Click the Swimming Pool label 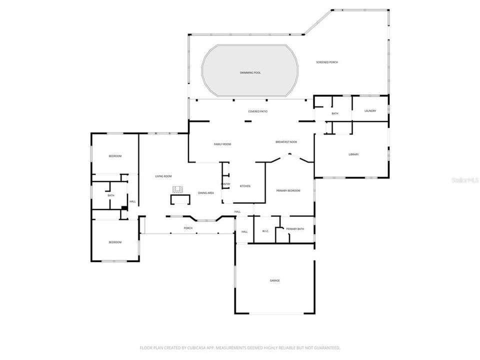[x=250, y=73]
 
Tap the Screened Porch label [x=327, y=62]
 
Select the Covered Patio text [x=257, y=111]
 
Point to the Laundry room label [x=370, y=111]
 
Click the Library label [x=353, y=154]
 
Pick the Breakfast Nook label [x=286, y=142]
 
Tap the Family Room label [x=222, y=144]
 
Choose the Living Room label [x=163, y=176]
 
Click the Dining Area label [x=206, y=193]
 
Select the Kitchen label [x=245, y=186]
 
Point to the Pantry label [x=226, y=184]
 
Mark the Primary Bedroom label [x=288, y=191]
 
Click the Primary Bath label [x=295, y=229]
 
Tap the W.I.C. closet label [x=265, y=231]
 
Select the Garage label [x=275, y=281]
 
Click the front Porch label [x=188, y=228]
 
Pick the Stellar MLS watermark [x=464, y=179]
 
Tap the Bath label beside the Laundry [x=334, y=114]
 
